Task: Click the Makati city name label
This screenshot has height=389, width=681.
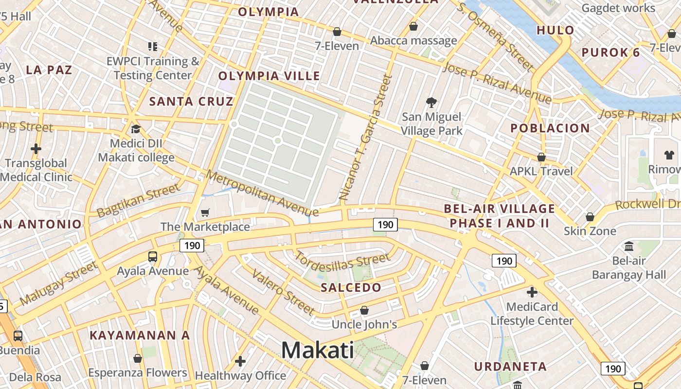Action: (318, 350)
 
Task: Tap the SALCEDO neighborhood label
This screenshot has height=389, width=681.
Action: (351, 287)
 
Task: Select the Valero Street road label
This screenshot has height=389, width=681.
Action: (283, 292)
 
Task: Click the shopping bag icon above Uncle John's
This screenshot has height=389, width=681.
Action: (364, 310)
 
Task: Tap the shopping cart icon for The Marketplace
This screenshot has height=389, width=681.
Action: (205, 212)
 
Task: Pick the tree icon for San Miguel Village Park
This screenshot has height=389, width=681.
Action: (431, 102)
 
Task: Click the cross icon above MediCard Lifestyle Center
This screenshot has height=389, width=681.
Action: (532, 292)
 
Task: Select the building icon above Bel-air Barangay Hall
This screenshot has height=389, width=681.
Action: (628, 246)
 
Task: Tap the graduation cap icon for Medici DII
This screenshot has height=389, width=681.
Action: (136, 129)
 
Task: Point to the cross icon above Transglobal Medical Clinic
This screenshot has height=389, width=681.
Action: (36, 148)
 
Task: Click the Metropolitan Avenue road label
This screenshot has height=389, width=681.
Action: (262, 193)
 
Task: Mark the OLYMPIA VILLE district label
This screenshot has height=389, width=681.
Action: (269, 76)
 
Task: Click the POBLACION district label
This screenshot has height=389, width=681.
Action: (550, 128)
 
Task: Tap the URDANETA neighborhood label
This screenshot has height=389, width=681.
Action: (510, 367)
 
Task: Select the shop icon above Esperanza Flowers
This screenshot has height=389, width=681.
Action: (138, 358)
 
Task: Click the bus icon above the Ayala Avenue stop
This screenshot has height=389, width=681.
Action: (153, 257)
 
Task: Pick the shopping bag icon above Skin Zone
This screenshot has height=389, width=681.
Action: (590, 216)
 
